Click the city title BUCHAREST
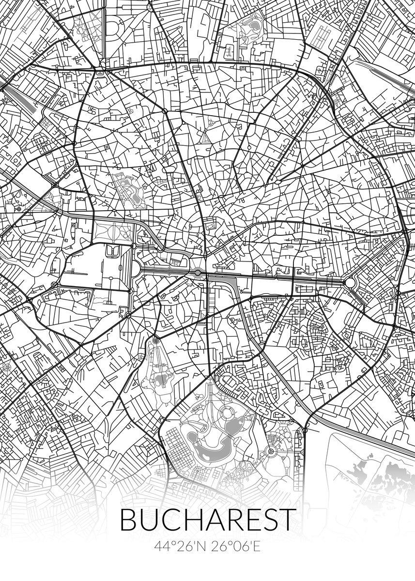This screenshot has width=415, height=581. [x=207, y=520]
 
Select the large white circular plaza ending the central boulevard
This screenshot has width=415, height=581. [x=350, y=282]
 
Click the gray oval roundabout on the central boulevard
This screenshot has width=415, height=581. [x=198, y=273]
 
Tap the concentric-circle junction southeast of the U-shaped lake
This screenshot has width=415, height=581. [x=271, y=452]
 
